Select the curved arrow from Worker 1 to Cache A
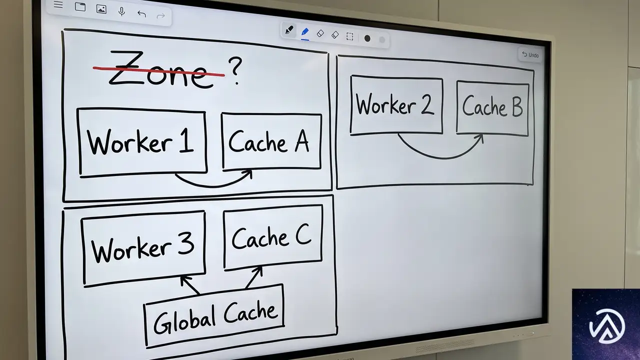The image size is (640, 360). (x=214, y=186)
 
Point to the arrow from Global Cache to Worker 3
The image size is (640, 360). (x=189, y=284)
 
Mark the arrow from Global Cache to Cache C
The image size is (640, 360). (x=253, y=277)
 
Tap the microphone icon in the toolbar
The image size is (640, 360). (x=121, y=11)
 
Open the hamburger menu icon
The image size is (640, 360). (x=58, y=4)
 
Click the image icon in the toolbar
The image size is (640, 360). (x=101, y=9)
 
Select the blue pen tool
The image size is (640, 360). (x=305, y=32)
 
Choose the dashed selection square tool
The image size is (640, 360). (x=349, y=36)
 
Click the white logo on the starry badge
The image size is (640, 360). (x=607, y=326)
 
